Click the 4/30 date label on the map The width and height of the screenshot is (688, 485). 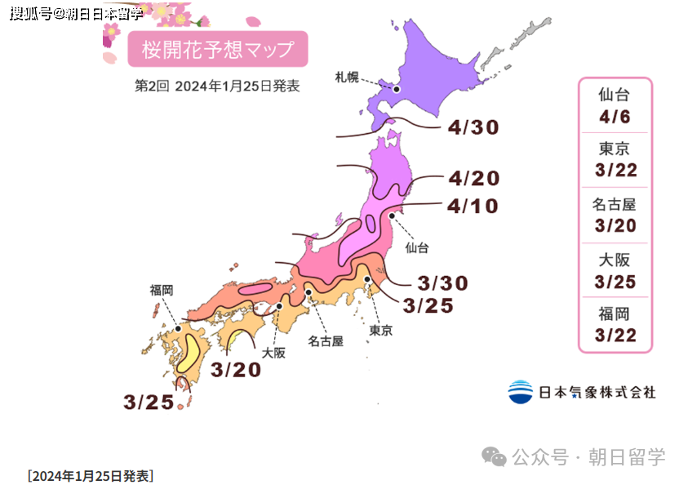pos(473,127)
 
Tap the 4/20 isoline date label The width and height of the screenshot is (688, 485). pos(473,179)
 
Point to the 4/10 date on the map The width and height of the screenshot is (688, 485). pos(473,206)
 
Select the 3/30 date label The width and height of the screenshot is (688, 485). pos(442,283)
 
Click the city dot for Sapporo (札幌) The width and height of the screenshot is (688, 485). pos(397,91)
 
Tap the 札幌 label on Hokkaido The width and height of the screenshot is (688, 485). pos(347,78)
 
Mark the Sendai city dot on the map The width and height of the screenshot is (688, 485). pos(393,216)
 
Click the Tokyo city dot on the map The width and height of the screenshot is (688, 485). pos(368,280)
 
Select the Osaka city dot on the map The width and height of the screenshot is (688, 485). pos(279,306)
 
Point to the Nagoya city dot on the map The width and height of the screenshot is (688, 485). pos(308,291)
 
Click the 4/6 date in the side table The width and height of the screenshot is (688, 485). pos(615,116)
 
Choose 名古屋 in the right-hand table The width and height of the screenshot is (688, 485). pos(615,205)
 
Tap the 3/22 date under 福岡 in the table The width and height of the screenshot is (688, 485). pos(615,335)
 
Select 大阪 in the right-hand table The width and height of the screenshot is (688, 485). pos(615,260)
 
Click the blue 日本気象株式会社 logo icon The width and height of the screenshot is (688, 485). pos(520,392)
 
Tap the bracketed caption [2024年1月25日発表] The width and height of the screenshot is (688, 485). pos(90,475)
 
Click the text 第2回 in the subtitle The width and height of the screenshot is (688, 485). pos(151,86)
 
